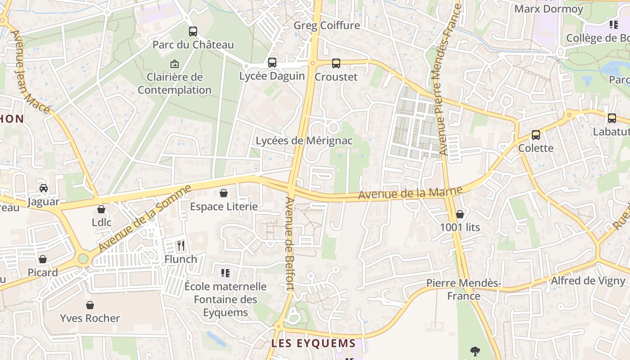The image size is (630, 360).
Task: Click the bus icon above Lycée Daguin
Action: (x=272, y=63)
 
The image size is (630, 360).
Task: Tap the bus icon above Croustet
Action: (x=336, y=63)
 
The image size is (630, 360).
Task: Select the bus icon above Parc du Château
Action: (x=193, y=31)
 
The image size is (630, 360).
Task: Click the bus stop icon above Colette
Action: (x=535, y=135)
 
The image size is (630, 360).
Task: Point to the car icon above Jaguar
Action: (x=44, y=188)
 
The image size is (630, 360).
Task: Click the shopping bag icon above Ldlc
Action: (x=101, y=209)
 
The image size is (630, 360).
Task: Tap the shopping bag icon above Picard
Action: (x=43, y=259)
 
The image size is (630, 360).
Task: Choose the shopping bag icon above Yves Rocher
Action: (x=90, y=305)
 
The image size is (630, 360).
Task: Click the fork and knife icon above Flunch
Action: (x=181, y=246)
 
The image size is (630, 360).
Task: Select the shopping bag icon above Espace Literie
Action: (x=224, y=193)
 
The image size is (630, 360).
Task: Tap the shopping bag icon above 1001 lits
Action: (x=460, y=214)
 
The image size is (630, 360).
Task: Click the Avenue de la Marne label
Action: (x=410, y=193)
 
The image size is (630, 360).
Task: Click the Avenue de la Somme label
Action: (x=145, y=218)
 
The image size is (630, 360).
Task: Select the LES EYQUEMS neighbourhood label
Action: (x=313, y=343)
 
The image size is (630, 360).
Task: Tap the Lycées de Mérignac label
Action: (x=304, y=141)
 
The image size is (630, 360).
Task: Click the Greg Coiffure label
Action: (x=327, y=25)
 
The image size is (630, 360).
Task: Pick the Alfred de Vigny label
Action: (x=589, y=281)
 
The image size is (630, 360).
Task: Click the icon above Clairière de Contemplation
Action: (x=175, y=64)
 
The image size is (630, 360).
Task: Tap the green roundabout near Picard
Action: (x=83, y=259)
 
